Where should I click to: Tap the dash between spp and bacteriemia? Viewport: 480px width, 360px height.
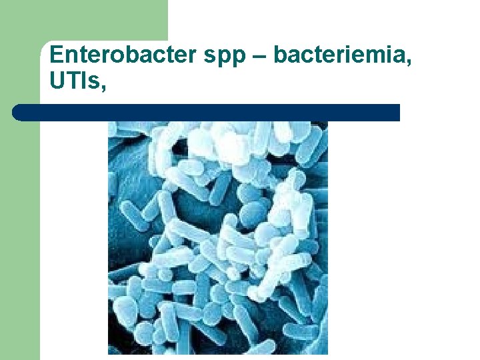(x=261, y=56)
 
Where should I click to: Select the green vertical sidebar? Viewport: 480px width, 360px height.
(x=20, y=233)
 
